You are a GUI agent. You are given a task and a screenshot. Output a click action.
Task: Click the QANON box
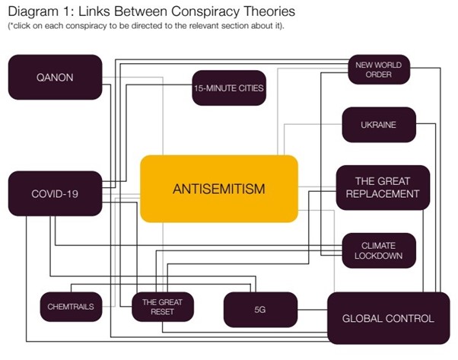click(x=54, y=76)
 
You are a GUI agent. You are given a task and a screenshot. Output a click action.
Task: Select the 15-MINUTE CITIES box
click(x=228, y=88)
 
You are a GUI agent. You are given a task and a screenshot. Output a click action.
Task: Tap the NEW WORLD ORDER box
click(x=378, y=70)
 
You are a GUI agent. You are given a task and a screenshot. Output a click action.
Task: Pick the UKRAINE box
click(x=378, y=124)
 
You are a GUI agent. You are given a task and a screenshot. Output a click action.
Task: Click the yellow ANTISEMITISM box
click(x=218, y=188)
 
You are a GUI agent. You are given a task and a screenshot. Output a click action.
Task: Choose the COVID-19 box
click(x=54, y=193)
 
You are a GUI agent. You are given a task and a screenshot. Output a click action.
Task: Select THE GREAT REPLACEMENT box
click(x=383, y=187)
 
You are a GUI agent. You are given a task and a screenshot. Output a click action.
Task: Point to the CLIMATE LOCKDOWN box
click(x=378, y=250)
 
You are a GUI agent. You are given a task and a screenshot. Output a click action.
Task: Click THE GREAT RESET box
click(x=162, y=307)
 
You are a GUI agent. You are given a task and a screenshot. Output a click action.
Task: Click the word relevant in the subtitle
click(x=203, y=27)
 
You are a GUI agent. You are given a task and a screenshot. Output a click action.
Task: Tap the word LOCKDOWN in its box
click(x=378, y=256)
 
